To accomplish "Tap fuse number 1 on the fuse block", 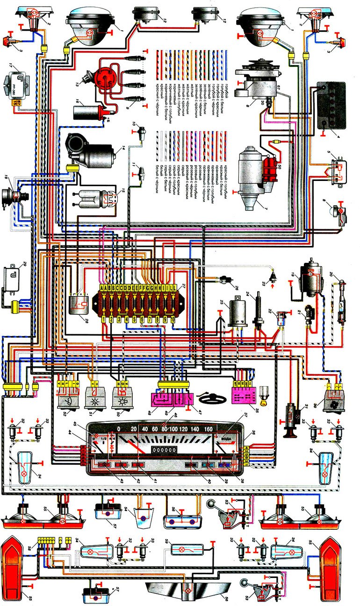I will [104, 319].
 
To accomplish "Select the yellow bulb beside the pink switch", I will [265, 394].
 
